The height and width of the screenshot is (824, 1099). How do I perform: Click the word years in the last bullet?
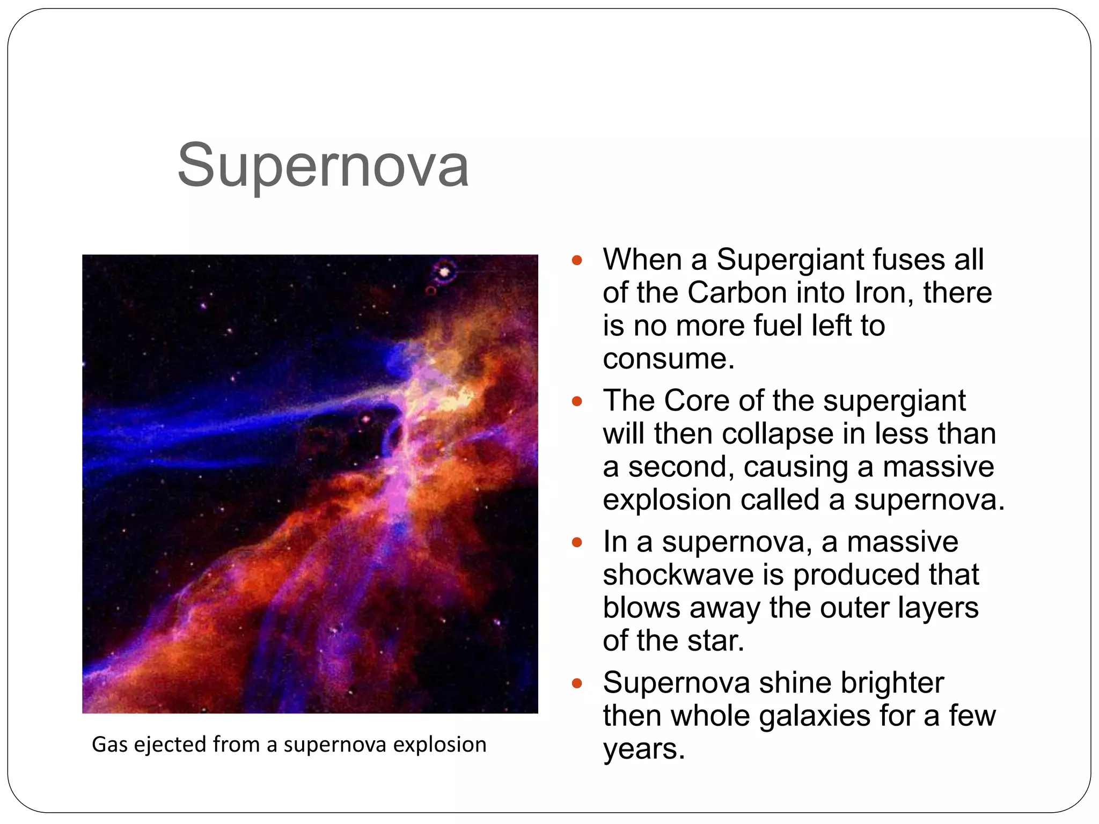[642, 749]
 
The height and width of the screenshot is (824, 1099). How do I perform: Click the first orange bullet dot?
[577, 261]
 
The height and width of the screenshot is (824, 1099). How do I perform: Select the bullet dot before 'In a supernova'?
[577, 542]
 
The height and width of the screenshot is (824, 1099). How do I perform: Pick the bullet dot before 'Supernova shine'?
[577, 683]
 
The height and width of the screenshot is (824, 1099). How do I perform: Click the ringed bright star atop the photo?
[444, 272]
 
